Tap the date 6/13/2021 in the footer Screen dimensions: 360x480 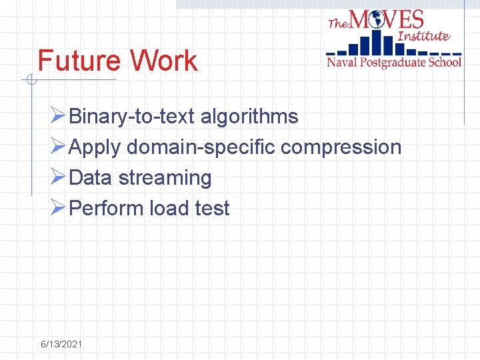(x=61, y=344)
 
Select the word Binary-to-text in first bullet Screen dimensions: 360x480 (x=131, y=117)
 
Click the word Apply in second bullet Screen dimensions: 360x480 (x=95, y=147)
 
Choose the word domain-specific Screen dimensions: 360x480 (x=201, y=147)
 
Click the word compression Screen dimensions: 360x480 (x=341, y=147)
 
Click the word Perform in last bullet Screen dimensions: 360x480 (x=106, y=209)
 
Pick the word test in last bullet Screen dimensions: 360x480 (x=212, y=209)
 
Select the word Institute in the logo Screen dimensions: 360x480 (x=423, y=36)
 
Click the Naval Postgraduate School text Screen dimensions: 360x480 (x=393, y=63)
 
